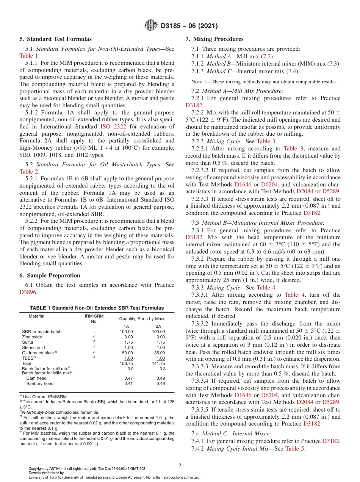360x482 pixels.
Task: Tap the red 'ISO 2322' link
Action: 113,127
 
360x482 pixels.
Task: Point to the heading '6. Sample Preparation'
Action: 50,275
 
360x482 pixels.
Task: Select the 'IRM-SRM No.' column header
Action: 94,318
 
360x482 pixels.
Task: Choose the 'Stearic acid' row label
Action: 33,347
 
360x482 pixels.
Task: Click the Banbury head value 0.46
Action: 161,383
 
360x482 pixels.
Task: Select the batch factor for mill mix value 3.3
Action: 161,368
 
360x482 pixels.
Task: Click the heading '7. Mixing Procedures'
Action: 214,39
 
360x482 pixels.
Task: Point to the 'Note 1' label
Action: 199,81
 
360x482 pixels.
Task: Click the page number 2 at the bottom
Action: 180,465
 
